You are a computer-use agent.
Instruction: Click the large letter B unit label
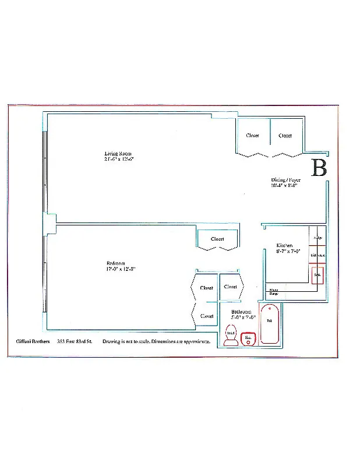[x=319, y=167]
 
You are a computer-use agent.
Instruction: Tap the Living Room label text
[x=118, y=153]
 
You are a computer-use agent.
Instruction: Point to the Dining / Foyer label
[x=285, y=180]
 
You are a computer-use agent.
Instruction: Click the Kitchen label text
[x=284, y=246]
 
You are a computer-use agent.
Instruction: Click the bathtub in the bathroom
[x=270, y=324]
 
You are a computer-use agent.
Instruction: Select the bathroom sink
[x=248, y=338]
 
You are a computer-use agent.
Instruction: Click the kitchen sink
[x=317, y=275]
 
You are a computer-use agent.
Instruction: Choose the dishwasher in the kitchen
[x=317, y=256]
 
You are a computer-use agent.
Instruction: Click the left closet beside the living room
[x=253, y=136]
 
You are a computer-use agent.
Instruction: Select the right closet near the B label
[x=285, y=136]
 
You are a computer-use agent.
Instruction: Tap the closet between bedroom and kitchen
[x=217, y=239]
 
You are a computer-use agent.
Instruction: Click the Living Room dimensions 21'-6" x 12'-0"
[x=119, y=159]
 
